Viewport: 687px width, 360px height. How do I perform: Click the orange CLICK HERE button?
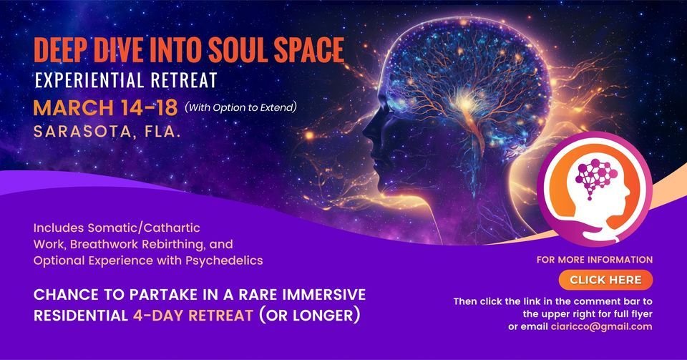point(605,279)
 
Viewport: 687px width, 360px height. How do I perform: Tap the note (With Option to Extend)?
point(240,108)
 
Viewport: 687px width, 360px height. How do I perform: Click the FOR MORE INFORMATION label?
point(595,260)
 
